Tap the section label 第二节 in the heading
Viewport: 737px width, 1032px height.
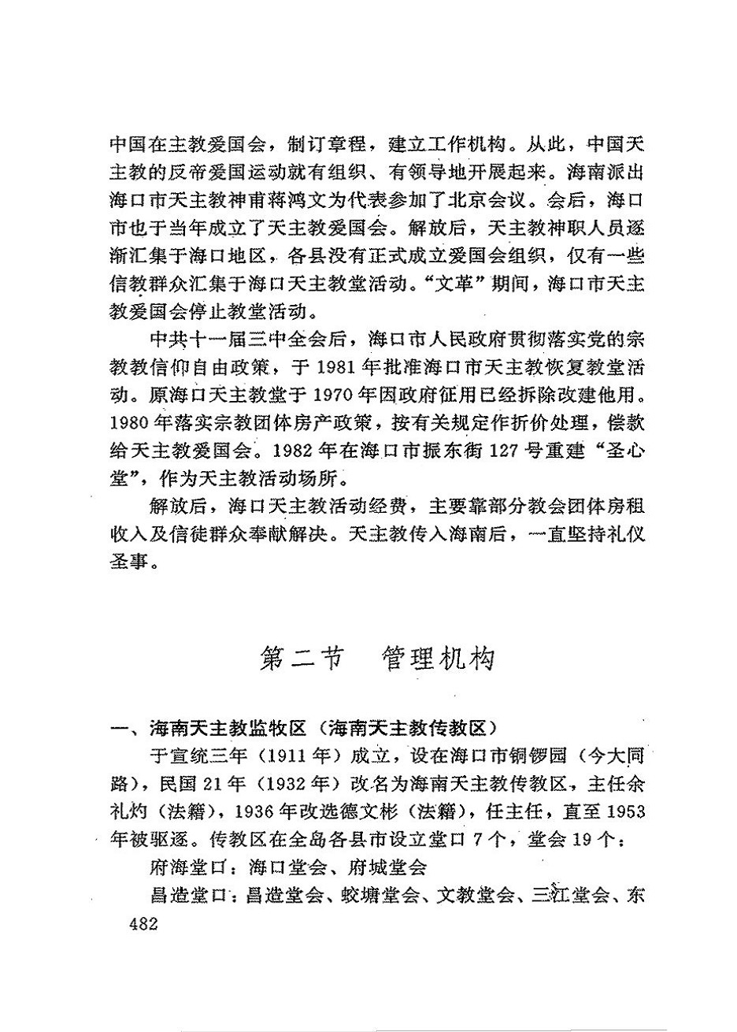301,659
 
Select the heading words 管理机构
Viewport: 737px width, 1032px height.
438,659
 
